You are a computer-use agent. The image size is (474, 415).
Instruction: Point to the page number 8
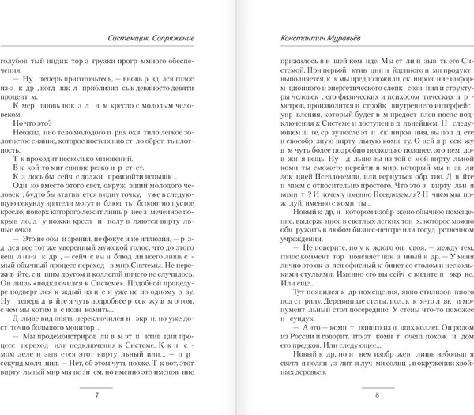(x=355, y=395)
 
